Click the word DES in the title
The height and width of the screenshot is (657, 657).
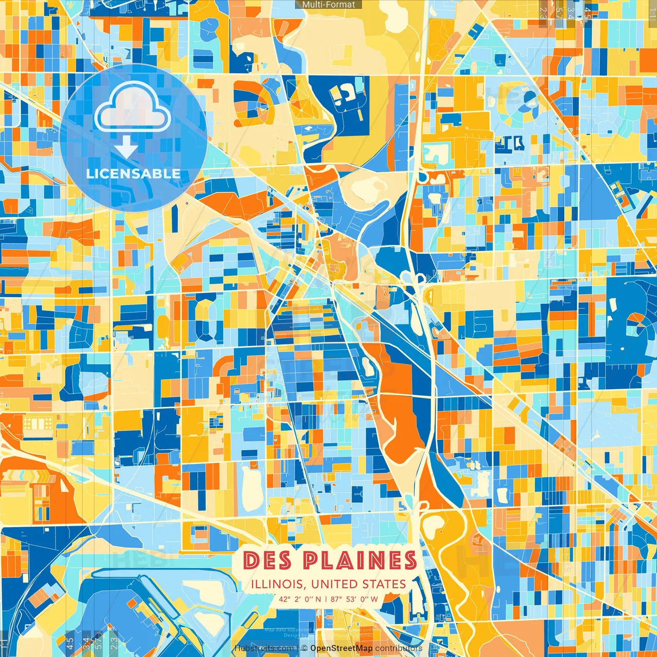(268, 560)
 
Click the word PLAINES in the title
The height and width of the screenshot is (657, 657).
(359, 560)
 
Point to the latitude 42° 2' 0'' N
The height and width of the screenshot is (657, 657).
(300, 599)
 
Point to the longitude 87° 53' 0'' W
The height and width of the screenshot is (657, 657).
(355, 599)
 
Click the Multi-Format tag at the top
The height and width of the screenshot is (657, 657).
(328, 5)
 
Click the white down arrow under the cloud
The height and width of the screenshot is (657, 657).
(126, 148)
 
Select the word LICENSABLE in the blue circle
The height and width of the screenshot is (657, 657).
(133, 173)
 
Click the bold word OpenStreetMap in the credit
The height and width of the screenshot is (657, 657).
(341, 648)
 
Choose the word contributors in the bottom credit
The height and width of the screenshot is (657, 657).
(399, 648)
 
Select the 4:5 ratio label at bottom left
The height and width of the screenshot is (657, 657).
(70, 643)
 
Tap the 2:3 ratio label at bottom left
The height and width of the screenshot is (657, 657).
(113, 643)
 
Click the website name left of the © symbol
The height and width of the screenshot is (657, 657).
(265, 648)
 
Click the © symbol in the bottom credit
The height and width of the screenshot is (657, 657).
(304, 648)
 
